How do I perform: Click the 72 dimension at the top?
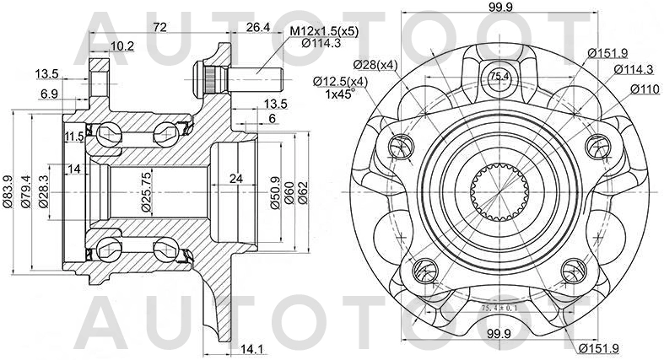[159, 28]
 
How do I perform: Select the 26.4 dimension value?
[257, 28]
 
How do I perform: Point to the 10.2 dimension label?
[121, 46]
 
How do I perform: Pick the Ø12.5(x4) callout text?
[342, 81]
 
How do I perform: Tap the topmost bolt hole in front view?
[496, 79]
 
